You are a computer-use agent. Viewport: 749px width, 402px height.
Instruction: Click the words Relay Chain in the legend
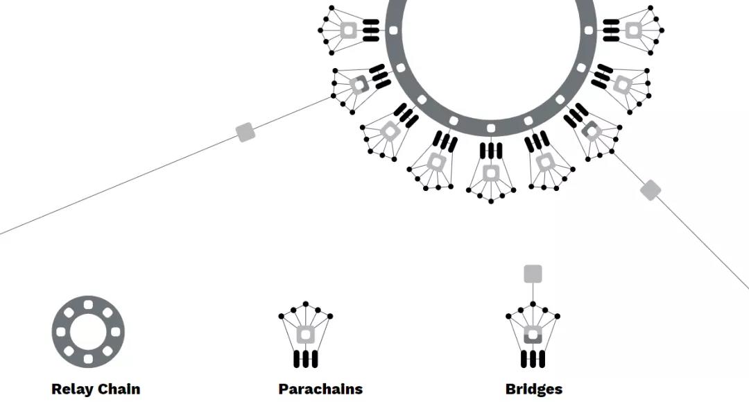[x=96, y=389]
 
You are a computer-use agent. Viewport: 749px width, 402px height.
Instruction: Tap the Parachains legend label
[x=320, y=389]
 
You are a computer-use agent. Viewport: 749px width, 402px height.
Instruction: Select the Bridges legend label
[x=533, y=389]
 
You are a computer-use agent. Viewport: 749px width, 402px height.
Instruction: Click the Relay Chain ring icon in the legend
[x=88, y=330]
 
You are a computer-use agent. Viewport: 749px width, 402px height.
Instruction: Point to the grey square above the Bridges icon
[x=533, y=274]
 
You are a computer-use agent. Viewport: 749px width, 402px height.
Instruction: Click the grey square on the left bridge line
[x=246, y=132]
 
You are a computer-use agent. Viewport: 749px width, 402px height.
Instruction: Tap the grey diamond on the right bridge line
[x=650, y=190]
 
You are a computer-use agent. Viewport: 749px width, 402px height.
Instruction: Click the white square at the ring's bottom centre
[x=491, y=128]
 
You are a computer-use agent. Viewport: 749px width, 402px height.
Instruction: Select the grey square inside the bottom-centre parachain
[x=491, y=172]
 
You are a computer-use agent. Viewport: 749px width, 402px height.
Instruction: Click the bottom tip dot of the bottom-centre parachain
[x=491, y=201]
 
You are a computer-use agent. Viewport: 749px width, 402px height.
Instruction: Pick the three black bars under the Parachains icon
[x=306, y=358]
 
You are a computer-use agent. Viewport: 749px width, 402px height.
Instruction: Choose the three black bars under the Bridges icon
[x=533, y=358]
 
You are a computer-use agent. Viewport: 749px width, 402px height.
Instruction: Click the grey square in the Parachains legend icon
[x=306, y=335]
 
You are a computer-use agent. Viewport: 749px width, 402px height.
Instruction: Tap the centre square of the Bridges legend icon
[x=533, y=335]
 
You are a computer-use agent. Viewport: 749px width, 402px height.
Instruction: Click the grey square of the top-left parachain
[x=348, y=30]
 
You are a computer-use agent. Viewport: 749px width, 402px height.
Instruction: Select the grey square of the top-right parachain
[x=632, y=30]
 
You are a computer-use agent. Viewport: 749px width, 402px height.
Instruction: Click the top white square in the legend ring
[x=88, y=304]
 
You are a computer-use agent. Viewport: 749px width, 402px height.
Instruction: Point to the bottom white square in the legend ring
[x=88, y=358]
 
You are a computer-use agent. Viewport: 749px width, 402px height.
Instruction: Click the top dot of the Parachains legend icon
[x=306, y=303]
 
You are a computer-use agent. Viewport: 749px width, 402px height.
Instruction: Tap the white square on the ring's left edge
[x=393, y=31]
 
